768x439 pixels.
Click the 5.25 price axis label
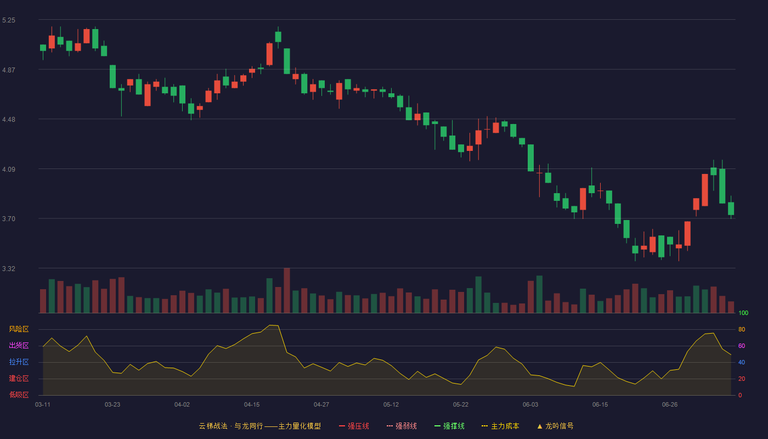[9, 20]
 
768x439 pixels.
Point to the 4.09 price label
[9, 170]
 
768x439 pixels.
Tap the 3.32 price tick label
[9, 268]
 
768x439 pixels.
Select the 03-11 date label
[43, 405]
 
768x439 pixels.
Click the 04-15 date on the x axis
[252, 405]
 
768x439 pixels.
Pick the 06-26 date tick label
[670, 405]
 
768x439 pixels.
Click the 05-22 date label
[460, 405]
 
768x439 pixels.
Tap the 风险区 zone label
[19, 329]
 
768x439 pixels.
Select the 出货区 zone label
[19, 345]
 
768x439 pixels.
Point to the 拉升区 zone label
[19, 362]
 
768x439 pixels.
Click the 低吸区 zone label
[19, 395]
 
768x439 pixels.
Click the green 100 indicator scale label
[743, 313]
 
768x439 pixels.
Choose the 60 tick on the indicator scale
[742, 346]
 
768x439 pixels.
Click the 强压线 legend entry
[354, 426]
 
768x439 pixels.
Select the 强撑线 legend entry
[449, 426]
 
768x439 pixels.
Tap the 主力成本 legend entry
[500, 426]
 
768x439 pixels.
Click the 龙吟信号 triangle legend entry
[555, 426]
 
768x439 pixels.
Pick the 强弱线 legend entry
[402, 426]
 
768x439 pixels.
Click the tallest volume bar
[287, 290]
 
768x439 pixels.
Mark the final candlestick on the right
[731, 208]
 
